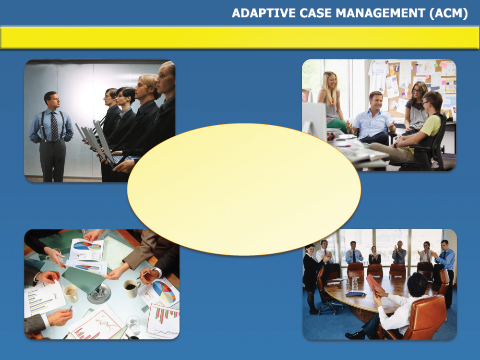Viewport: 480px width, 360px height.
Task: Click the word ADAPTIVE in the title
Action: click(x=264, y=13)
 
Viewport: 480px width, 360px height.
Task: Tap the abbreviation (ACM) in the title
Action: click(x=449, y=13)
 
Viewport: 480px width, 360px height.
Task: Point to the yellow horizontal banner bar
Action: click(x=240, y=37)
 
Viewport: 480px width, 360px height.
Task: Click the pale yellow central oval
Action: click(x=244, y=189)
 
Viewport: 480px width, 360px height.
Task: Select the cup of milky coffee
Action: click(x=71, y=293)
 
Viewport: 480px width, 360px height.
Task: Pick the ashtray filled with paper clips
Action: click(x=99, y=293)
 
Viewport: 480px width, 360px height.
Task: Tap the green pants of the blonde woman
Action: click(x=337, y=126)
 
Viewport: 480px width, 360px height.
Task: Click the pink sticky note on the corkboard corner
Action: click(x=443, y=65)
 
